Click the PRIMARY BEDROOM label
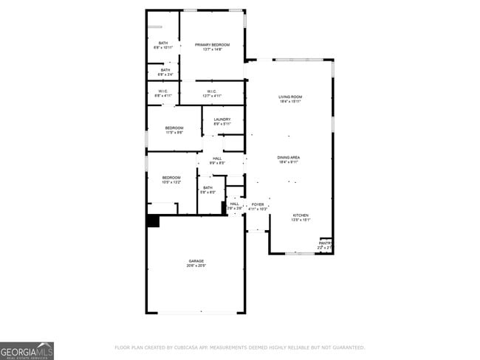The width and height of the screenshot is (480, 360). point(212,45)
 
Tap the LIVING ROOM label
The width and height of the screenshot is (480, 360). point(290,97)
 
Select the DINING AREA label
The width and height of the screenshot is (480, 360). point(288,158)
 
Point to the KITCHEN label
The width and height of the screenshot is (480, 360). point(300,215)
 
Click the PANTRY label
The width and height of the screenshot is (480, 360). point(325,243)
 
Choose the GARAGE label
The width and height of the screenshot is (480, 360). point(196,261)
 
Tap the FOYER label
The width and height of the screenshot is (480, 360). point(258,204)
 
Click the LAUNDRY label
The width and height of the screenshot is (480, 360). point(222,120)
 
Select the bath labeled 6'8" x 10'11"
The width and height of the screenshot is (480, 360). point(162,44)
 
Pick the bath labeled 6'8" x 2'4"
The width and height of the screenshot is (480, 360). point(165,71)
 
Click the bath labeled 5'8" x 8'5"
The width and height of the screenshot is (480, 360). point(208,188)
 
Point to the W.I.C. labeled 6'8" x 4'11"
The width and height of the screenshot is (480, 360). point(162,92)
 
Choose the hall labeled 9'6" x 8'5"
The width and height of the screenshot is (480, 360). point(217,159)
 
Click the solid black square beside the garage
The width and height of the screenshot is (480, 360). point(153,221)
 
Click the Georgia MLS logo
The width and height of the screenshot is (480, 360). point(27,350)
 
